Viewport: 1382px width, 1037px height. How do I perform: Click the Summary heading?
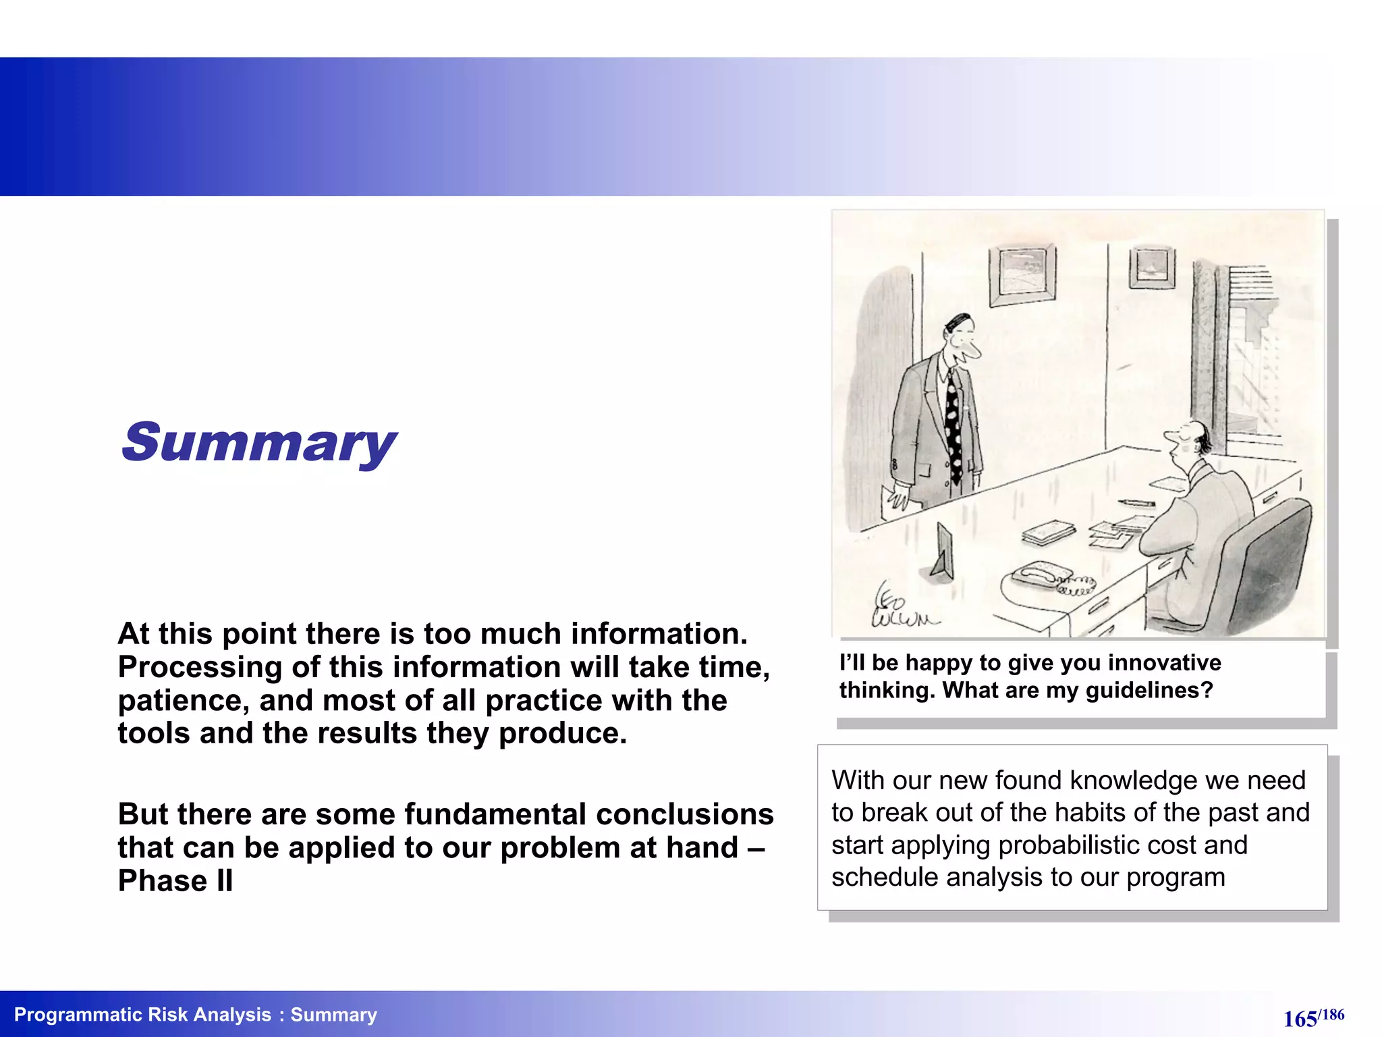[258, 442]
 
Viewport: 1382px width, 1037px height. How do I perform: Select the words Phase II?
[175, 880]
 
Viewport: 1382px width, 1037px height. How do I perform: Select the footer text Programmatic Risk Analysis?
[142, 1015]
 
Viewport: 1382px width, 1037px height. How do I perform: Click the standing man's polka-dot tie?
[953, 425]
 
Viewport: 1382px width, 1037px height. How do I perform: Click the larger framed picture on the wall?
[1022, 275]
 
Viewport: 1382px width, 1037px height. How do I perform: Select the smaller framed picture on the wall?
[1151, 267]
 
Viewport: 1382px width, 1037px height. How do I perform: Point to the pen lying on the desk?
[1136, 502]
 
